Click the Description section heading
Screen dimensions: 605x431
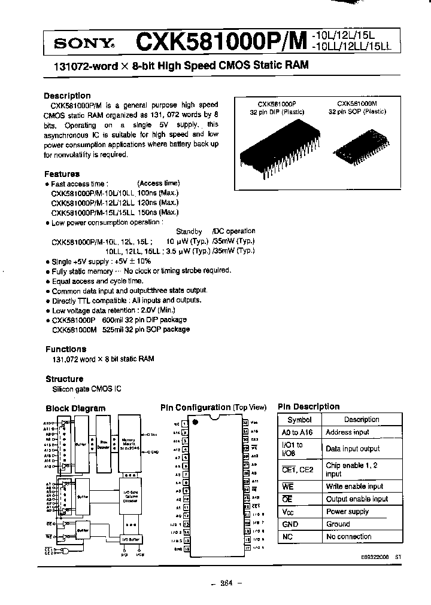click(67, 96)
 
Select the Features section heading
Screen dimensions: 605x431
click(62, 174)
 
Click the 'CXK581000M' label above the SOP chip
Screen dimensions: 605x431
click(357, 103)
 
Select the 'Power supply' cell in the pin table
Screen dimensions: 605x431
click(347, 512)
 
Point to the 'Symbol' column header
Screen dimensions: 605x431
click(299, 420)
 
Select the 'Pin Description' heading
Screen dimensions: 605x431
click(308, 407)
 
